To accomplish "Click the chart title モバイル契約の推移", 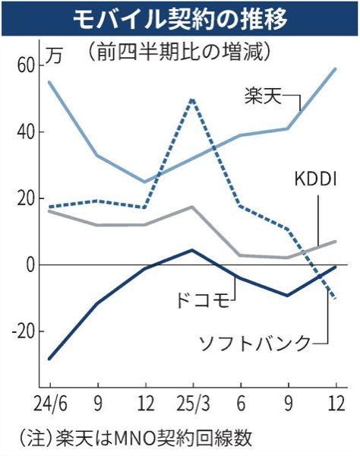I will tap(179, 17).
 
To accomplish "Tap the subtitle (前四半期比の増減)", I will tap(179, 52).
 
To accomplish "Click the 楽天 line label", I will tap(263, 97).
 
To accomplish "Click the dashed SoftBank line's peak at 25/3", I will tap(193, 99).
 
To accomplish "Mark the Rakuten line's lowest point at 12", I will tap(145, 182).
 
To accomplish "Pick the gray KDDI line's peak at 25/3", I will tap(193, 207).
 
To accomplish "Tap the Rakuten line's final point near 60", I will tap(335, 69).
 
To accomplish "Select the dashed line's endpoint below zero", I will tap(335, 299).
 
